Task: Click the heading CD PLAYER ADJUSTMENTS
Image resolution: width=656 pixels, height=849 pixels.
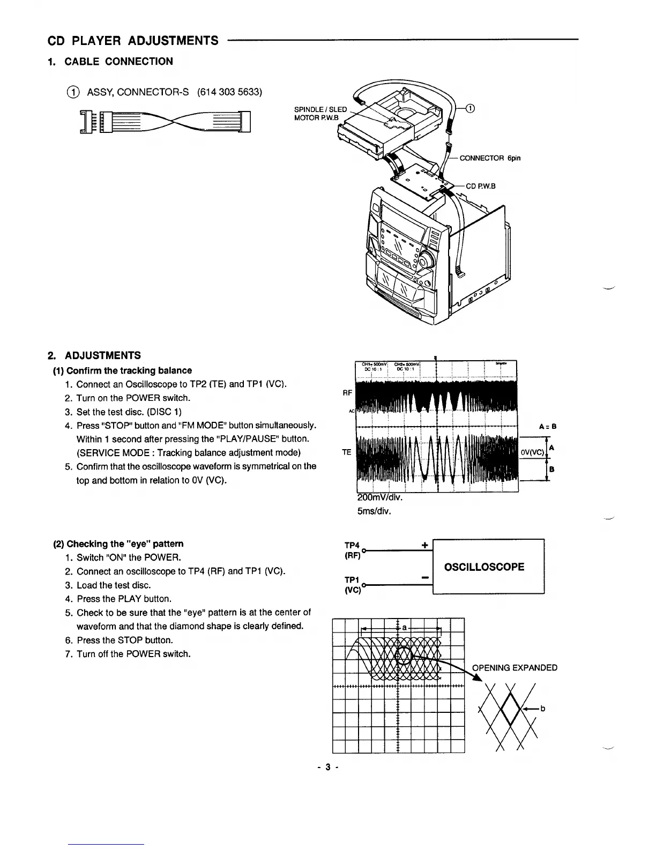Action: [133, 41]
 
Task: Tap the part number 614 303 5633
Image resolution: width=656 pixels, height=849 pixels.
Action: [229, 92]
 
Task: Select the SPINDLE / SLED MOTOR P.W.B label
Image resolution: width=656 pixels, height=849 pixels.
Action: [320, 114]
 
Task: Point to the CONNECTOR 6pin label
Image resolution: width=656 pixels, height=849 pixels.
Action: [490, 158]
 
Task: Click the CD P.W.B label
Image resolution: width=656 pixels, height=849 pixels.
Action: [481, 186]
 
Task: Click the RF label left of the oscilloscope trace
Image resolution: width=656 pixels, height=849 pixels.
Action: [347, 393]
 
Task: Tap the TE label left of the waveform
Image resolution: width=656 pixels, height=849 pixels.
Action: [346, 452]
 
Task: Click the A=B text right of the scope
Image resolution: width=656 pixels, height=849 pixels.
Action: [549, 427]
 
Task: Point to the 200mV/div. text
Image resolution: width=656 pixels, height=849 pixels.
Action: [379, 497]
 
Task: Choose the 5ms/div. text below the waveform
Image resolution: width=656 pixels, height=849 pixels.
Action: [374, 511]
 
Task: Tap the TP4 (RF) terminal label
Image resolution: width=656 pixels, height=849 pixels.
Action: [352, 549]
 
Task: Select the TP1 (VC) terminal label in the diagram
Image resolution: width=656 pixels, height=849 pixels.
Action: [352, 585]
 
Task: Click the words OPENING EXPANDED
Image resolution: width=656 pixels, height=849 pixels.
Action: [514, 667]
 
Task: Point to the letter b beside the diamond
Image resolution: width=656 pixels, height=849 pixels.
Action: [542, 709]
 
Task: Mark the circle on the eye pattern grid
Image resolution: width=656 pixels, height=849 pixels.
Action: [404, 654]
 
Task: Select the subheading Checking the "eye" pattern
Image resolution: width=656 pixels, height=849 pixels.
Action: [118, 543]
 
